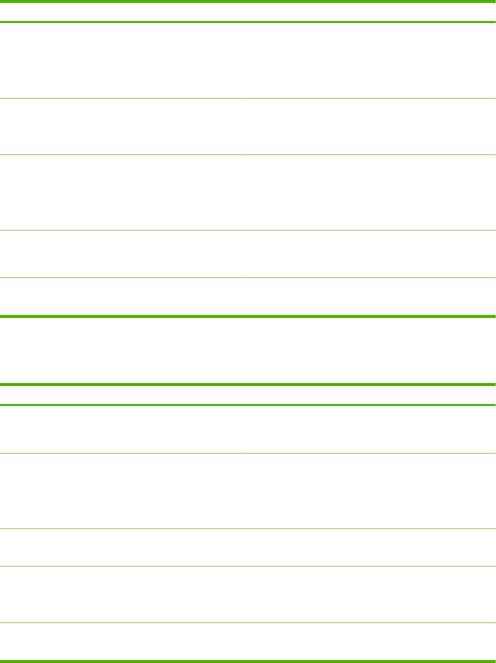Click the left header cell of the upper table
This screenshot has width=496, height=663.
pos(123,12)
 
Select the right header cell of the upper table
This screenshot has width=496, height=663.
pos(371,12)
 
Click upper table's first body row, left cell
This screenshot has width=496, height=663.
pos(123,60)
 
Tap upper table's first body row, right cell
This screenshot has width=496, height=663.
pos(371,60)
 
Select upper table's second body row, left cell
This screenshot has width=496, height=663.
pos(123,126)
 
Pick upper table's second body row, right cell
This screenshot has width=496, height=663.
pos(371,126)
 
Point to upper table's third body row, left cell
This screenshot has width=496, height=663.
pos(123,192)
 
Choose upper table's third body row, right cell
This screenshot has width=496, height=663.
pos(371,192)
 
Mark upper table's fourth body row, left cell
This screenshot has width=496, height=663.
pos(123,254)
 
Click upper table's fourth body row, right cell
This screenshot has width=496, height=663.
pos(371,254)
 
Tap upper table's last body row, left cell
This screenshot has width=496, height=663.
pos(123,296)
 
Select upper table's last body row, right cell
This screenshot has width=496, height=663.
pos(371,296)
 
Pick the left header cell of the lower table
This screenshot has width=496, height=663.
pos(123,394)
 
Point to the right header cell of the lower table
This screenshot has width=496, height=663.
pos(371,394)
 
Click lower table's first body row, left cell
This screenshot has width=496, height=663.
pos(123,429)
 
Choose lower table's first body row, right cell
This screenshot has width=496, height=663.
pos(371,429)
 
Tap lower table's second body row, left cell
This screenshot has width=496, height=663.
pos(123,491)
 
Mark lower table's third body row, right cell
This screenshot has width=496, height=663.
pos(371,547)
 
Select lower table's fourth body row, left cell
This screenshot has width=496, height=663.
pos(123,594)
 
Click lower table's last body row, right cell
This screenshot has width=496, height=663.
pos(371,641)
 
